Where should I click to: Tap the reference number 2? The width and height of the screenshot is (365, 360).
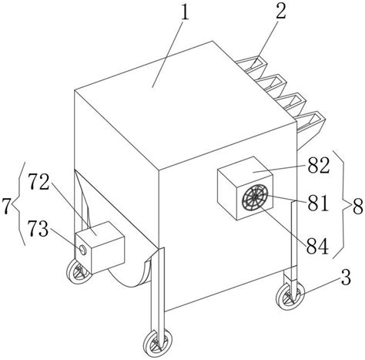tap(281, 11)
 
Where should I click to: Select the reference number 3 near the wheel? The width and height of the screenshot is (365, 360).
tap(347, 278)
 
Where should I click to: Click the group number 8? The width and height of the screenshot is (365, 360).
tap(358, 207)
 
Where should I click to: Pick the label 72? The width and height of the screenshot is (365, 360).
tap(39, 182)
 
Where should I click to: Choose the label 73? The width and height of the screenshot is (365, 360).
tap(39, 229)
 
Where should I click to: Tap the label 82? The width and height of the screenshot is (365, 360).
tap(319, 166)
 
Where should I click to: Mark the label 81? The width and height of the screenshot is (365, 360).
tap(318, 203)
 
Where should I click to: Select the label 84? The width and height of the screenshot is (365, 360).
tap(318, 246)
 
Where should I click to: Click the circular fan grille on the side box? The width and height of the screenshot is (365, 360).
tap(255, 198)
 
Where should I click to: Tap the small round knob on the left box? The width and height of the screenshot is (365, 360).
tap(82, 250)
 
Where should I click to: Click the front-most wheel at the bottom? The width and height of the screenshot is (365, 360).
tap(157, 343)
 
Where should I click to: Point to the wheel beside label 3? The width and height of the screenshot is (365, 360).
tap(290, 297)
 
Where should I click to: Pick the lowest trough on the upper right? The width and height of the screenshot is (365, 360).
tap(310, 122)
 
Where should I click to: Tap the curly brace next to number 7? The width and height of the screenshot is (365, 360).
tap(21, 204)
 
